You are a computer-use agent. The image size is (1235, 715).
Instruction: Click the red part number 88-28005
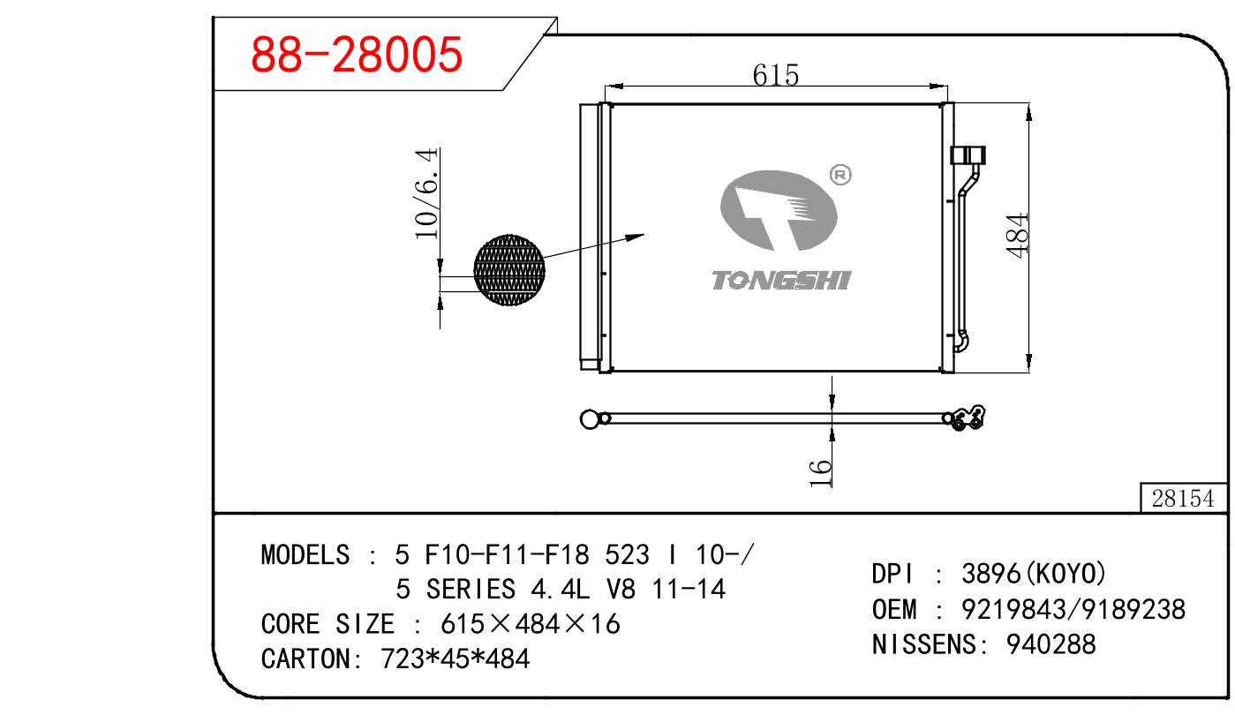(x=356, y=54)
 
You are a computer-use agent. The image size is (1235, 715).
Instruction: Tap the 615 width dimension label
(x=776, y=75)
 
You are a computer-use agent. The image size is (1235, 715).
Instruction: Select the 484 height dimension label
(x=1017, y=236)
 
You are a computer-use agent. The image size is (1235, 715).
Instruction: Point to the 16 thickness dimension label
(x=820, y=473)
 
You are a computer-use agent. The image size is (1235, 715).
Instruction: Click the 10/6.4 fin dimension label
(x=426, y=193)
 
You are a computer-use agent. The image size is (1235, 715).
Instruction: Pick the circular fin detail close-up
(x=508, y=269)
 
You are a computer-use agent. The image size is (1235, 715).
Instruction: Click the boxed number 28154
(x=1183, y=499)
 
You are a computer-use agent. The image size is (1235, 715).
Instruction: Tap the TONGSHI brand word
(x=781, y=280)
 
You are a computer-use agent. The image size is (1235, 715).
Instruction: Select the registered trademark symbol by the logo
(x=840, y=176)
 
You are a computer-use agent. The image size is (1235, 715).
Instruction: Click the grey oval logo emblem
(x=779, y=210)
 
